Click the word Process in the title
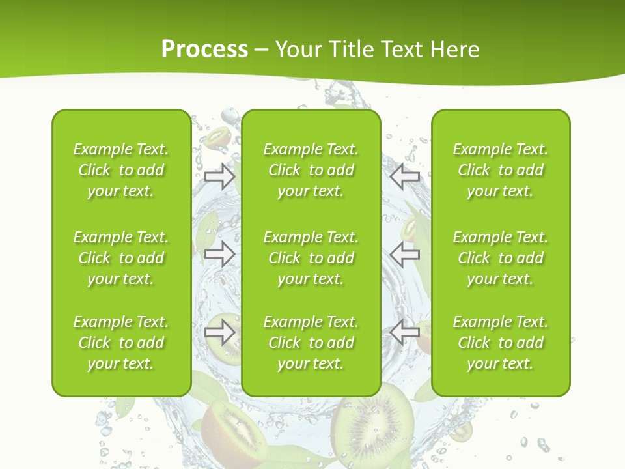204,50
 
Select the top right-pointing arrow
219,177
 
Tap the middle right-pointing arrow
219,255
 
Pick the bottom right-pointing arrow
219,332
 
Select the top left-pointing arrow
404,177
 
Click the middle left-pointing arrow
404,255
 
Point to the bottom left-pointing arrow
404,332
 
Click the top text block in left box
120,170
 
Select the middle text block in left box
120,258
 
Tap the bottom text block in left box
120,343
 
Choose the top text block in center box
311,170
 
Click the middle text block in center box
311,258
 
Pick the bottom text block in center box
311,343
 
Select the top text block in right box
500,170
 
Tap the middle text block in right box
500,258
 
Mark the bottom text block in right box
500,343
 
